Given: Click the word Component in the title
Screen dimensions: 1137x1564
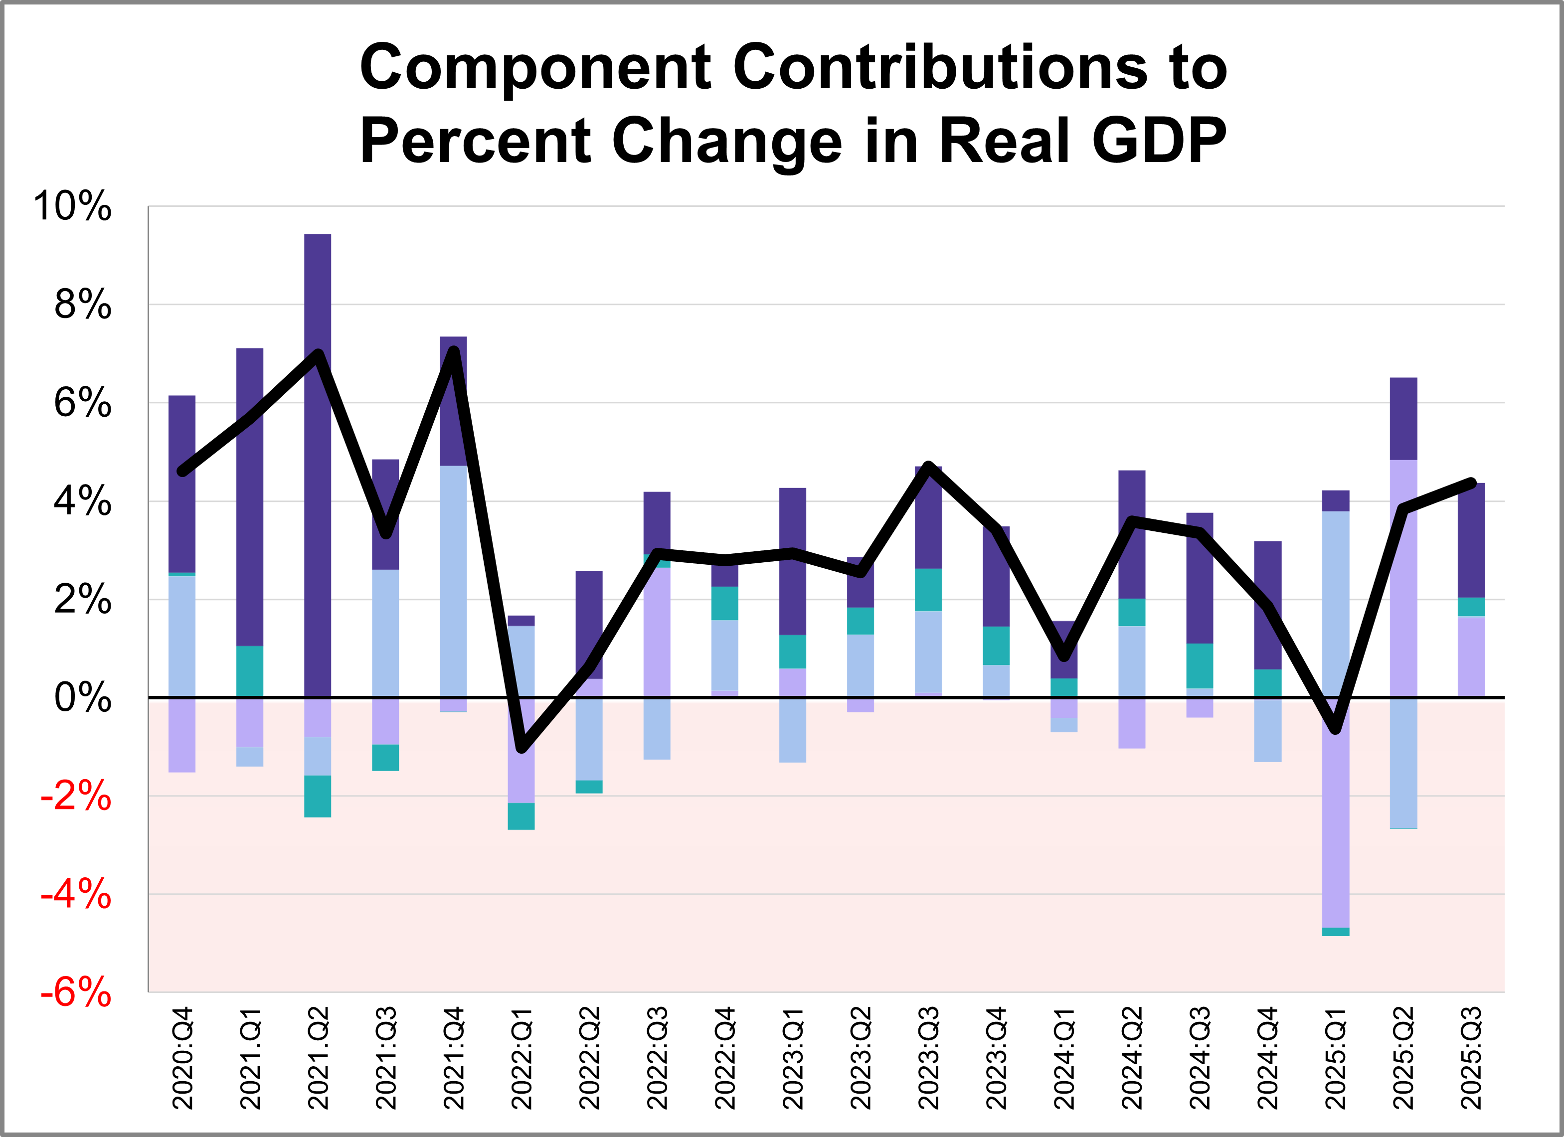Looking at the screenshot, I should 534,68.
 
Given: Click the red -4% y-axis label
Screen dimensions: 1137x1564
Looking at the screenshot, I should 76,894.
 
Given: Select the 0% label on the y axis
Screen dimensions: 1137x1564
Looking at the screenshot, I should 82,698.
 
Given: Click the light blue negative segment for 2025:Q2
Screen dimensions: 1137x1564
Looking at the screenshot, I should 1403,762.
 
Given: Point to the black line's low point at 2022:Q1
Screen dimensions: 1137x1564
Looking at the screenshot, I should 522,747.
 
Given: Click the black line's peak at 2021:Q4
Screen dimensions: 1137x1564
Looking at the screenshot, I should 454,351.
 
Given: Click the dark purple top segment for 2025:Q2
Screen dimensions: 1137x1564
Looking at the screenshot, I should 1403,419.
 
